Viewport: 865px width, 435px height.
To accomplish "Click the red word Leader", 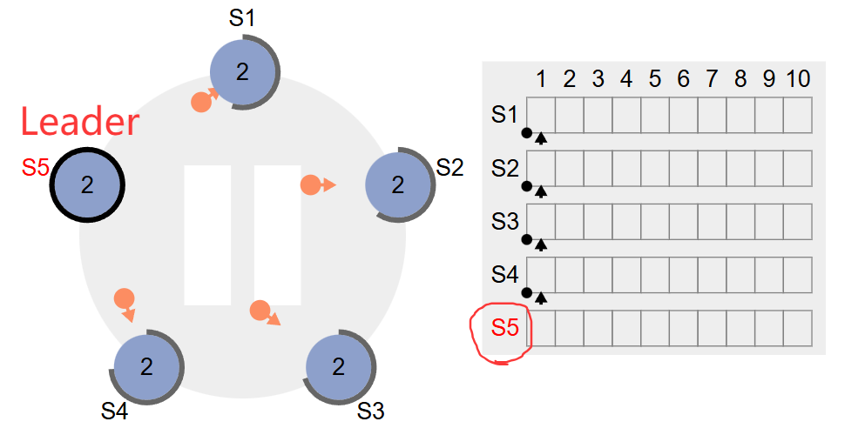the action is [79, 122].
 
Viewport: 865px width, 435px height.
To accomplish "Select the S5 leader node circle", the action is [87, 184].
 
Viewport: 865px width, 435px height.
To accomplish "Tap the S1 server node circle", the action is [243, 71].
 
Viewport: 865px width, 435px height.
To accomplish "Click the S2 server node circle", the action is [398, 184].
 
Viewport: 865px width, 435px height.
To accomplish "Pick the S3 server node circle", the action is [339, 366].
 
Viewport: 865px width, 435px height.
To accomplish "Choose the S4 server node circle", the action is [145, 366].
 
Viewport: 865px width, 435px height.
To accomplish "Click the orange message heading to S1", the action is [201, 101].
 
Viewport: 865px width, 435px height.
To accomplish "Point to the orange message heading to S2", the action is [311, 184].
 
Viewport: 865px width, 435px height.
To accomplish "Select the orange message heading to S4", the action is [124, 298].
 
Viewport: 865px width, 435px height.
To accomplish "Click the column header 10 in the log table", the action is [797, 80].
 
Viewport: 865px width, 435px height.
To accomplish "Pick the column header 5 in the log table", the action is [654, 80].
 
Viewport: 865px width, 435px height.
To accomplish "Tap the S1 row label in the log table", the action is [505, 115].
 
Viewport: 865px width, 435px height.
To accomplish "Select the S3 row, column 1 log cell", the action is [540, 222].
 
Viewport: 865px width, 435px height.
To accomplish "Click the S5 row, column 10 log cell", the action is [797, 328].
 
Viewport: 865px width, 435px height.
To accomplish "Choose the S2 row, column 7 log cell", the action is [712, 168].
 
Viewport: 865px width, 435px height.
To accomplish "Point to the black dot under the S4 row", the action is [526, 292].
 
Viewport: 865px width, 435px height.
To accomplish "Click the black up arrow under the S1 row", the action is [541, 137].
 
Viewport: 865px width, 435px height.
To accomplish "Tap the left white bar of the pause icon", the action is [207, 235].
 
